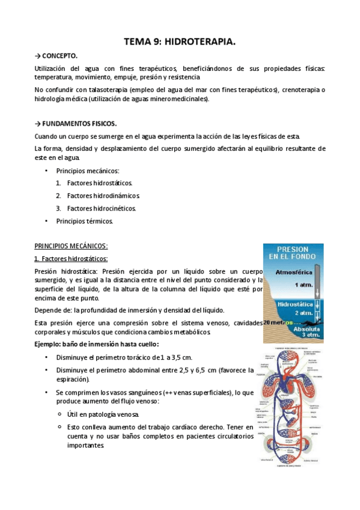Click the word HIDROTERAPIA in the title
click(x=199, y=42)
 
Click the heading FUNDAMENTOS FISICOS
click(x=79, y=123)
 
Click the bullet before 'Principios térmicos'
click(x=47, y=221)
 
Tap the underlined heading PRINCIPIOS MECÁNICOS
click(x=71, y=246)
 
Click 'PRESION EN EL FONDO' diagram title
click(x=293, y=253)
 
